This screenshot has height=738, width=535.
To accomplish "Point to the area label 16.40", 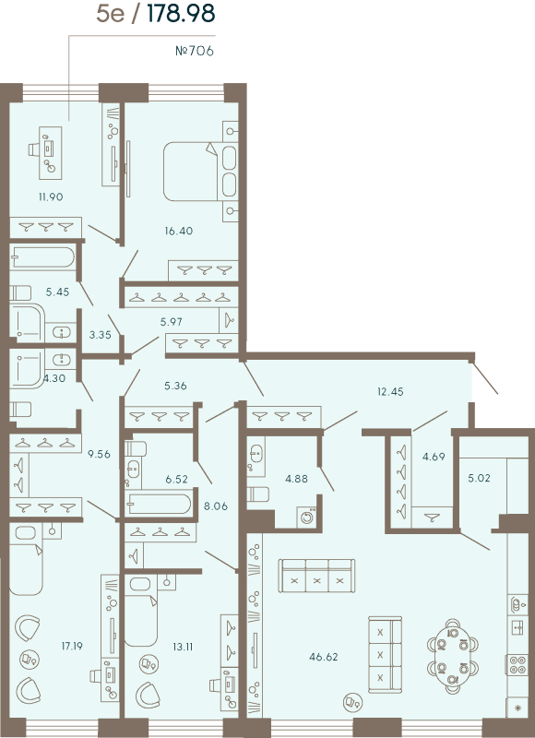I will (178, 231).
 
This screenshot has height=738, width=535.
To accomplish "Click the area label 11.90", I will (51, 196).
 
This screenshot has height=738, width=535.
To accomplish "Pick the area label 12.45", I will (390, 391).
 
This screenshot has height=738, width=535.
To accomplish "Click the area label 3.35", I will (100, 335).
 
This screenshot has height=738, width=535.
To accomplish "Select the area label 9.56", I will (98, 454).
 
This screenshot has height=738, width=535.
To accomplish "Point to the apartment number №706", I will (195, 51).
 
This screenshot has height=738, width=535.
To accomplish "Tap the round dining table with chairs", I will (452, 654).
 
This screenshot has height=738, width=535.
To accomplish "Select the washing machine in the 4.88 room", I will (306, 518).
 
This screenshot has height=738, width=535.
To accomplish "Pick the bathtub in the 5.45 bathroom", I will (42, 257).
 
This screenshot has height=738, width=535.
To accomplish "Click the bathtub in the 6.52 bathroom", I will (160, 504).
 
